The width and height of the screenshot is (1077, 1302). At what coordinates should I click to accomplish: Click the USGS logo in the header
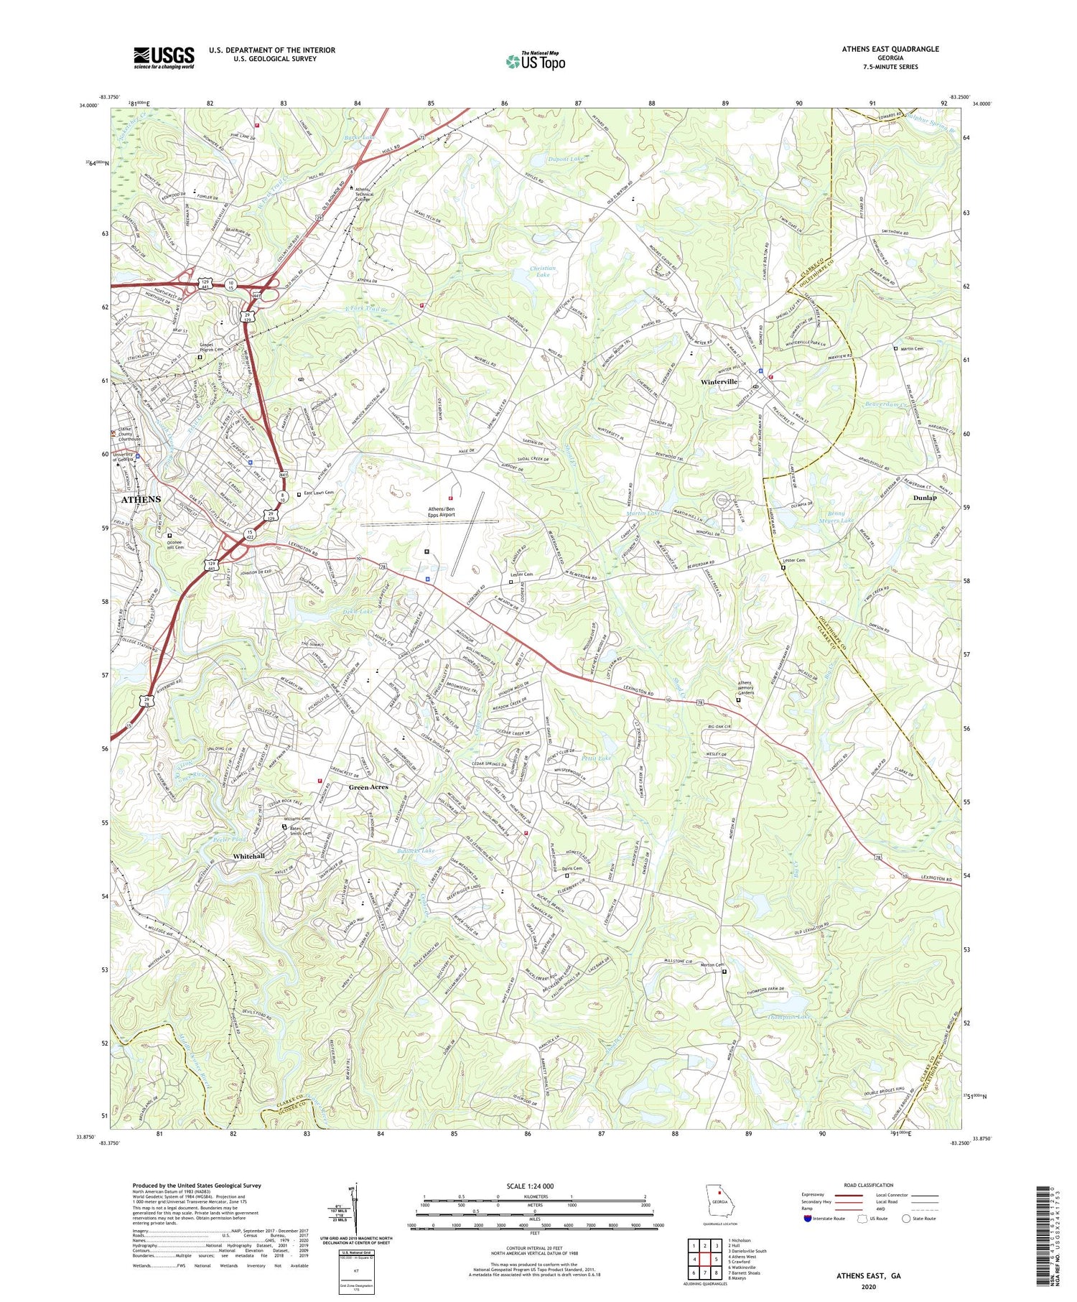(164, 57)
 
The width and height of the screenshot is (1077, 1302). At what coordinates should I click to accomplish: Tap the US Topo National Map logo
(535, 61)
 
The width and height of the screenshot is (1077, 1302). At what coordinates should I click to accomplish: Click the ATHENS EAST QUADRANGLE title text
(890, 49)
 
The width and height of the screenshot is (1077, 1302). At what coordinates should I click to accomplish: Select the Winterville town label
(719, 382)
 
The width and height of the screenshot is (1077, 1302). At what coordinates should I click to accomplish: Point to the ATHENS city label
(141, 499)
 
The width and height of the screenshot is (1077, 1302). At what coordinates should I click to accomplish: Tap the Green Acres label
(368, 787)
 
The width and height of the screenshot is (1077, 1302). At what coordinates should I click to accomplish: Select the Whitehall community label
(248, 856)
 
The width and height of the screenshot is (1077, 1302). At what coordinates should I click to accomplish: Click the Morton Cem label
(709, 965)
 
